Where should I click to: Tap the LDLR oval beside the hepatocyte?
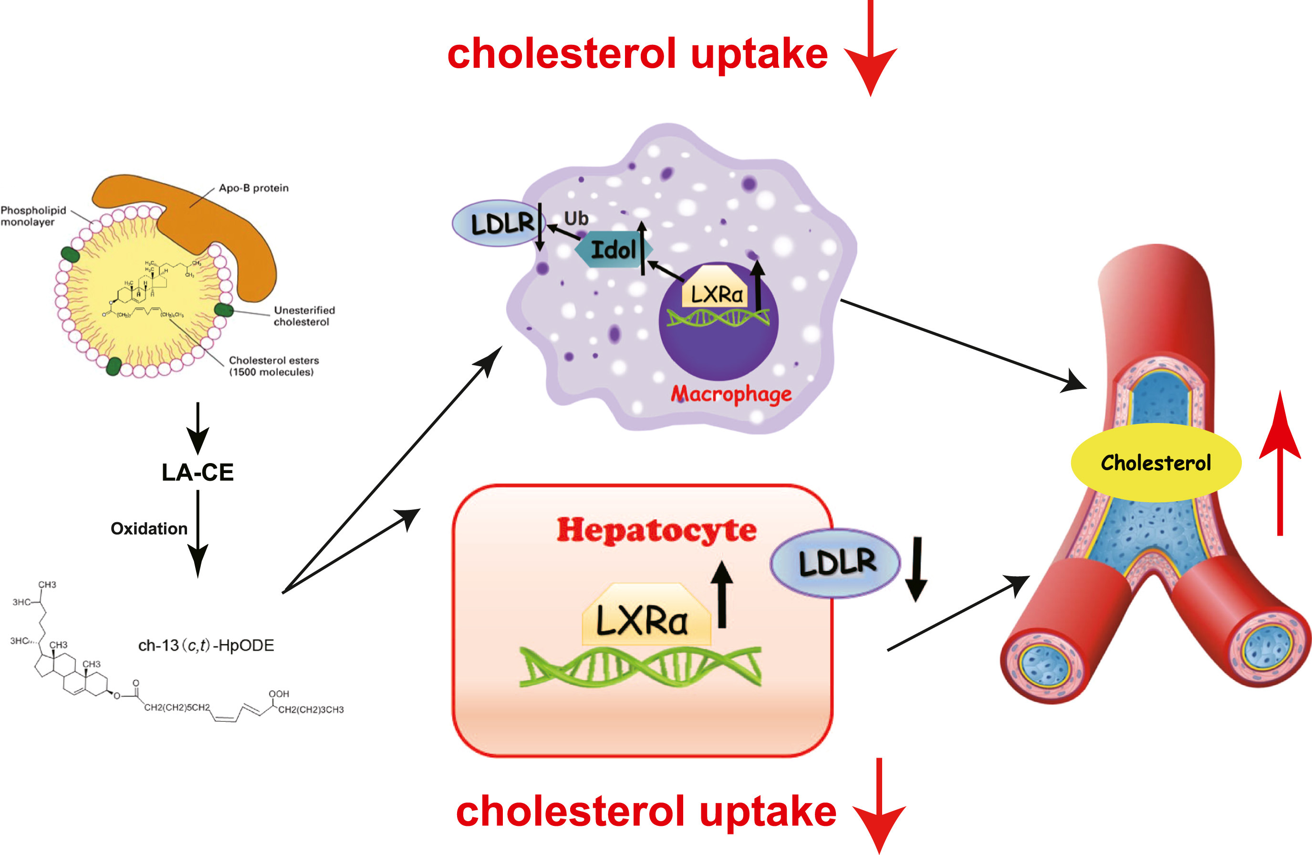[x=835, y=563]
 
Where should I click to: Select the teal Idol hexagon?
[x=613, y=250]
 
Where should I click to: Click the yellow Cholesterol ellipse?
[x=1156, y=463]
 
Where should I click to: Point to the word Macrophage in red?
[x=731, y=394]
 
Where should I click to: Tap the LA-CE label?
[x=198, y=472]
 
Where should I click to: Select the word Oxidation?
[x=149, y=528]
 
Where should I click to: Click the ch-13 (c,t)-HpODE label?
[x=206, y=645]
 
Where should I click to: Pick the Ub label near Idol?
[x=576, y=219]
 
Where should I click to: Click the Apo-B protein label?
[x=254, y=188]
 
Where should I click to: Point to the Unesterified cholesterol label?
[x=304, y=316]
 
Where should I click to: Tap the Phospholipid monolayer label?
[x=33, y=216]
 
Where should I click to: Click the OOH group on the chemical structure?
[x=279, y=693]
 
